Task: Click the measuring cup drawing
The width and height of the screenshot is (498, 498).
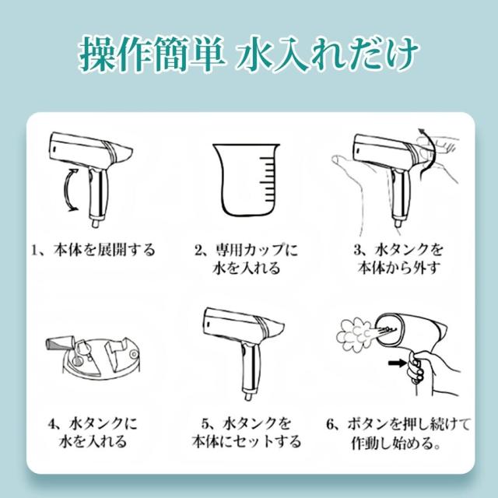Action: point(247,180)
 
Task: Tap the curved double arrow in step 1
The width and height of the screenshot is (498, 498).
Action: point(68,190)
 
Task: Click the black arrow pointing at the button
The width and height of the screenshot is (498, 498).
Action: point(397,363)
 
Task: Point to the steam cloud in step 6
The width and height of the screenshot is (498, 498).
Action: point(353,335)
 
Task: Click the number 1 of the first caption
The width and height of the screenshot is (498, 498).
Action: point(34,251)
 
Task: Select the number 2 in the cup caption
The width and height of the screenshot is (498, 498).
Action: point(199,251)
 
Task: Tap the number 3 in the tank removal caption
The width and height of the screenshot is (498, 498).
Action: point(358,250)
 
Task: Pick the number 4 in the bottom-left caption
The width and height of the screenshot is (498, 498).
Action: point(52,423)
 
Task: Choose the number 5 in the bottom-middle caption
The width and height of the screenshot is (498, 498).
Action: point(205,423)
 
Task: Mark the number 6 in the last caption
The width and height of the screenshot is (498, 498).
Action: point(331,424)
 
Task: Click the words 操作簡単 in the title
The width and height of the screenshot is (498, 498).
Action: point(151,54)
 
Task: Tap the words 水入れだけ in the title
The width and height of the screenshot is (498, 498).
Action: point(328,54)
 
